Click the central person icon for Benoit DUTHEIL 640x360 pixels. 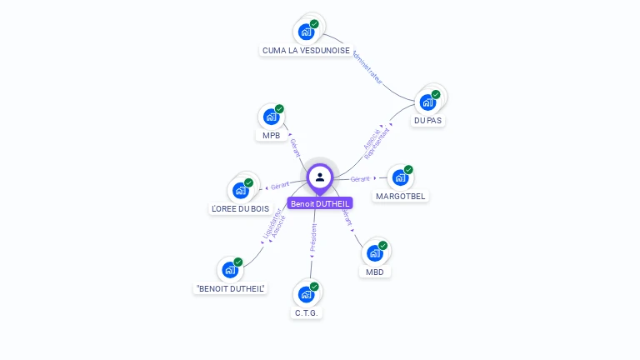point(320,177)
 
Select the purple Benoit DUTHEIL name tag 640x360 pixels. point(320,203)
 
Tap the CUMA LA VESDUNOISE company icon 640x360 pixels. point(307,32)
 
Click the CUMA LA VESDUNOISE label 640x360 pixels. point(306,51)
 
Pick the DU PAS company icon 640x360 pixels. point(427,102)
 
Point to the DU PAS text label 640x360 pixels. point(427,121)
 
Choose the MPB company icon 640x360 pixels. point(271,117)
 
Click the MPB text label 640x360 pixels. point(271,136)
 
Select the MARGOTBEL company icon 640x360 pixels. point(400,177)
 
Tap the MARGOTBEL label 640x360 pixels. point(400,197)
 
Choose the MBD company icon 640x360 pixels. point(374,252)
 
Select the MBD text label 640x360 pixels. point(374,272)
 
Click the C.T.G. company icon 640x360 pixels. point(307,294)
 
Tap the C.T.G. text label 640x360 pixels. point(307,313)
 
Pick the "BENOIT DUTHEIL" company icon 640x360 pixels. point(230,270)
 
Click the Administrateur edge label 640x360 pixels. point(367,67)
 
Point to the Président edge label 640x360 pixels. point(313,237)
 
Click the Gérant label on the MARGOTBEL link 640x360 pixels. point(360,179)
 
